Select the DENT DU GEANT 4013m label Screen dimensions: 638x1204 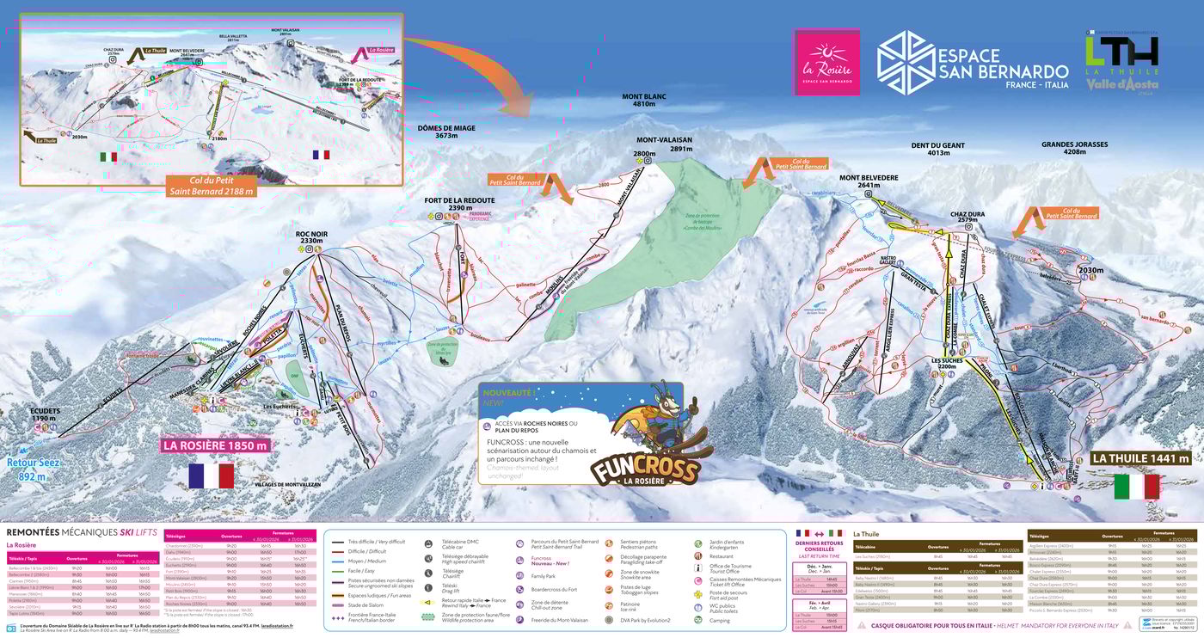(x=937, y=149)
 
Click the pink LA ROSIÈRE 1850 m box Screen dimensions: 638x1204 (x=214, y=445)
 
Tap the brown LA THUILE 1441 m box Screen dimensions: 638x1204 (x=1140, y=458)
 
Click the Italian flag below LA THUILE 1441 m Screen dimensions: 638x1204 (x=1136, y=487)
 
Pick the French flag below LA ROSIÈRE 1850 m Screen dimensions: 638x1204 (x=212, y=475)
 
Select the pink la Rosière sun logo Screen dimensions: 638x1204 (x=826, y=61)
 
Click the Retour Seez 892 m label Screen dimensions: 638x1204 (x=33, y=470)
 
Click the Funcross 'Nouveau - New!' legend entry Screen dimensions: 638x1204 (x=543, y=561)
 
